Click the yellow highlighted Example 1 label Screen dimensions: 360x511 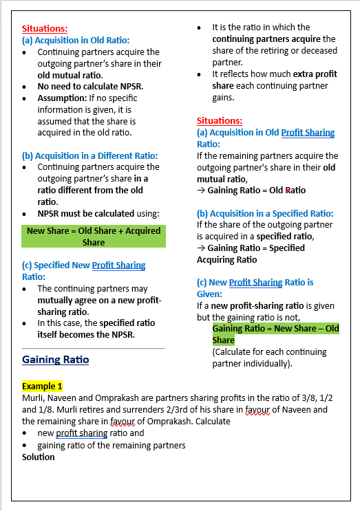42,387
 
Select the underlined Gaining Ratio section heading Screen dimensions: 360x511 55,360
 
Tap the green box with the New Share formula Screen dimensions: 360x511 94,237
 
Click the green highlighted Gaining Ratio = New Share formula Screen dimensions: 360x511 275,334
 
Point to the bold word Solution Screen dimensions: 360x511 39,457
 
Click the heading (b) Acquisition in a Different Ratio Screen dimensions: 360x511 90,155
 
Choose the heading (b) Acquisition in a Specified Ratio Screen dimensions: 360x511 265,213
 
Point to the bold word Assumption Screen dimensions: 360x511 62,98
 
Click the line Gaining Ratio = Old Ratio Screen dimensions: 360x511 257,190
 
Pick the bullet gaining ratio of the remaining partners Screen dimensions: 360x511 112,445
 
